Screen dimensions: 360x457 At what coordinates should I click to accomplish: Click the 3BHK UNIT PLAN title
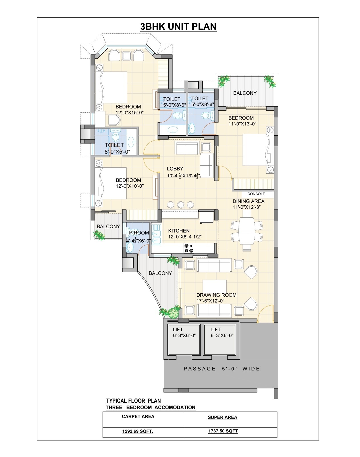point(178,27)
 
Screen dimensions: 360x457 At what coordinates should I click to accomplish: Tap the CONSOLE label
point(256,194)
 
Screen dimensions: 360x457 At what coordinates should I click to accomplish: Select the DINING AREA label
point(249,201)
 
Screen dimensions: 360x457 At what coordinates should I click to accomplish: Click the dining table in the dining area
point(247,230)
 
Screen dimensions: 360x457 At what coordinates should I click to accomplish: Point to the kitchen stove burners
point(189,248)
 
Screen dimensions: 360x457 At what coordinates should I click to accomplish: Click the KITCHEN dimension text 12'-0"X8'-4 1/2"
point(185,236)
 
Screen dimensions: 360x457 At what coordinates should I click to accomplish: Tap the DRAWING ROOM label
point(216,295)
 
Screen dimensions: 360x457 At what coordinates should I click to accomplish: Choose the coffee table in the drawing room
point(214,286)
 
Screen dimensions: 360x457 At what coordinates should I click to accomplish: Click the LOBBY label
point(175,169)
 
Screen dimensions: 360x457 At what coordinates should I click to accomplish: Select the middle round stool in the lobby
point(181,205)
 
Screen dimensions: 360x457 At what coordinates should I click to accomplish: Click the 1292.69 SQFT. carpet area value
point(137,431)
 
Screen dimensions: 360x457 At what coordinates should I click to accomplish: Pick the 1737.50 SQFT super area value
point(223,431)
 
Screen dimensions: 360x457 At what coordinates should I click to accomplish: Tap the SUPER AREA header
point(222,417)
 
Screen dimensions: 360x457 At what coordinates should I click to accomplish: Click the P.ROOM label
point(139,233)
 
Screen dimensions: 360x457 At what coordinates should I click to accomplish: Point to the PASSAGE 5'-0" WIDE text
point(222,369)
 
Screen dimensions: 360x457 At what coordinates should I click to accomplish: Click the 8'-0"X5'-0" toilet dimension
point(117,152)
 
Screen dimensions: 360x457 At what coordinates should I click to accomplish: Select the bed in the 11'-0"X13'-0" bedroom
point(258,150)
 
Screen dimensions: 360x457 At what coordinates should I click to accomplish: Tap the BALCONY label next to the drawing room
point(160,273)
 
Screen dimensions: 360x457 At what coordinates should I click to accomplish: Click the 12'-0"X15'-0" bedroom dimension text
point(129,113)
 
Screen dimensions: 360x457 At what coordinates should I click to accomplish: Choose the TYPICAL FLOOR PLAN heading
point(133,401)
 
